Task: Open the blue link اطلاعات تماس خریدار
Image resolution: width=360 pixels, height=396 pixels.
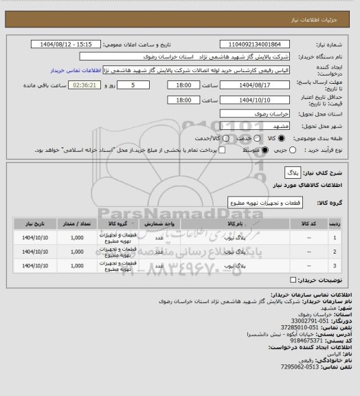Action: pyautogui.click(x=76, y=70)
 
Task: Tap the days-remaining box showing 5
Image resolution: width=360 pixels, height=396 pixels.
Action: pyautogui.click(x=142, y=85)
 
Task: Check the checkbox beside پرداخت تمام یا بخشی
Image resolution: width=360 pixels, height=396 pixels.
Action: pyautogui.click(x=202, y=150)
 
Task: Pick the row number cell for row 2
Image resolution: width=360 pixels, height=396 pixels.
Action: pyautogui.click(x=335, y=252)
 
